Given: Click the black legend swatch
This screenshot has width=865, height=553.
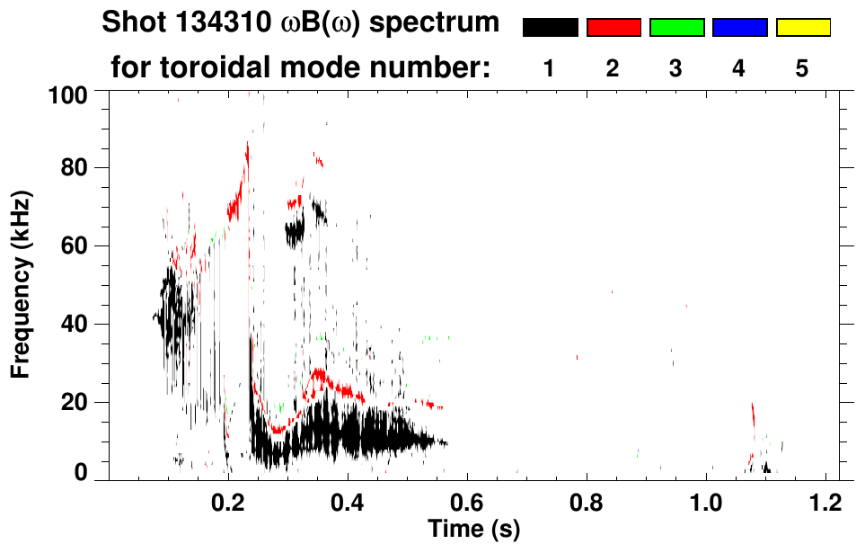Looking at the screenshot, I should coord(550,28).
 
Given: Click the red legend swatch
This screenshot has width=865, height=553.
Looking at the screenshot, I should coord(613,28).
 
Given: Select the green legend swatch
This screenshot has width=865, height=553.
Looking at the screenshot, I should coord(676,28).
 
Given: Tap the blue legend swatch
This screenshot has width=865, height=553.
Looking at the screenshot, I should coord(739,28).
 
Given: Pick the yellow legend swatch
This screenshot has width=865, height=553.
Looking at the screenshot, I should coord(803,28).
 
